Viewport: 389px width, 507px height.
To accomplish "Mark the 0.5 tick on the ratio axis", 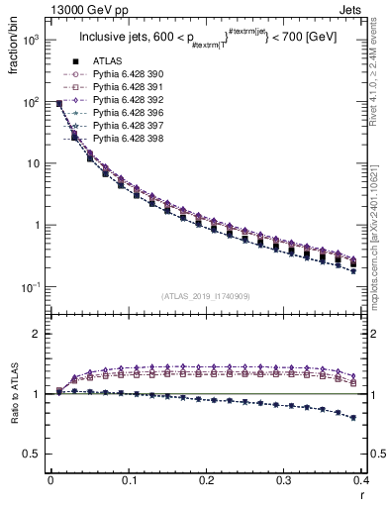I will coord(36,454).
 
